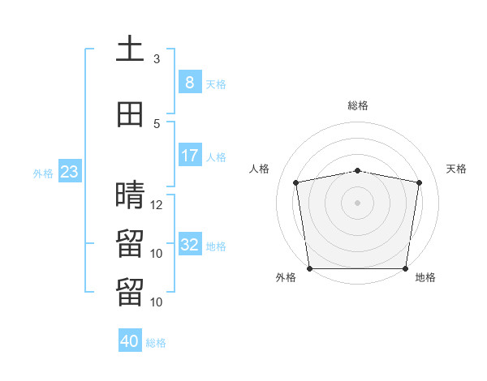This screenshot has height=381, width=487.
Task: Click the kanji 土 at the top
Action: coord(130,48)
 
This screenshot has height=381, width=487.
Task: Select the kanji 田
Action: coord(130,114)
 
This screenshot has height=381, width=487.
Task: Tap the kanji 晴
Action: coord(130,195)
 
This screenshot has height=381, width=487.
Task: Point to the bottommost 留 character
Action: coord(130,292)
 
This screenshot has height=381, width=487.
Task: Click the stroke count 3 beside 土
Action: coord(157,59)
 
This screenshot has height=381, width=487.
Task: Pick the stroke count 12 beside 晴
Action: coord(156,205)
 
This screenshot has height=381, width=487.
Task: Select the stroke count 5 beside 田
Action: coord(157,124)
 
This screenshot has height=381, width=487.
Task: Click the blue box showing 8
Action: coord(190,82)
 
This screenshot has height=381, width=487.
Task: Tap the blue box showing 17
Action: coord(190,155)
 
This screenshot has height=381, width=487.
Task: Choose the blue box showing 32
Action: coord(190,243)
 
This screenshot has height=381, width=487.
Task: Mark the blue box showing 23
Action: coord(70,171)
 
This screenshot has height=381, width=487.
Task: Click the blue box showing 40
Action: coord(130,340)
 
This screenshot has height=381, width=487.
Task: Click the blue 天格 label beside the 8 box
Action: coord(216,84)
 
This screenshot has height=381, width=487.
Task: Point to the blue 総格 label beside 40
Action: coord(156,343)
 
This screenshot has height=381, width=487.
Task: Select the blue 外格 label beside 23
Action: coord(43,173)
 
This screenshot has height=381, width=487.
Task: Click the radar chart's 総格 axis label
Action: coord(358,105)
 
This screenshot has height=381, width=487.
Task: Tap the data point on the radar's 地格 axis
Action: coord(405,268)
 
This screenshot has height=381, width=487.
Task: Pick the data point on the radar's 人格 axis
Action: coord(296,182)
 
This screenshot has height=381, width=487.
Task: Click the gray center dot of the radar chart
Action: coord(357,203)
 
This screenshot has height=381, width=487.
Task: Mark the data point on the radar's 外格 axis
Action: coord(310,268)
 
